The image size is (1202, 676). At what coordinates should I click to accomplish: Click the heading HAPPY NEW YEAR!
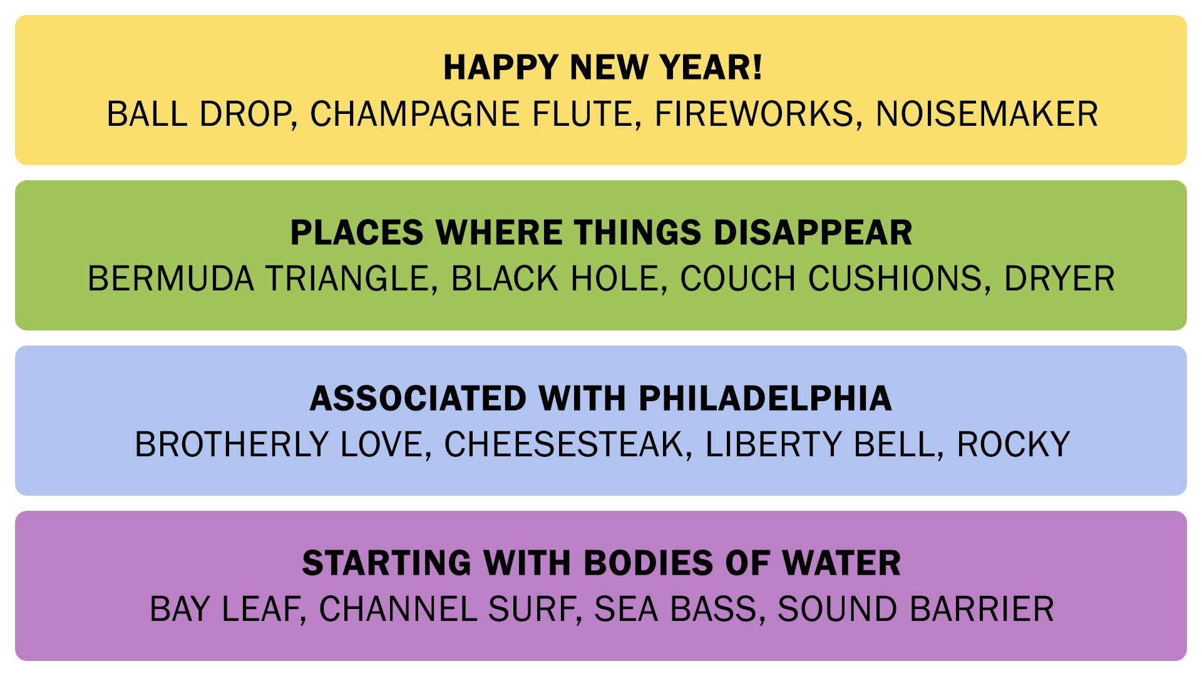point(603,68)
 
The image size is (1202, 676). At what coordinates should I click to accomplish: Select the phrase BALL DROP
point(199,115)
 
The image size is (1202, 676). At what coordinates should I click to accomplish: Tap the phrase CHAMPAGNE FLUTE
point(471,115)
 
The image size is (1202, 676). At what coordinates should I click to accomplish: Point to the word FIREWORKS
point(754,115)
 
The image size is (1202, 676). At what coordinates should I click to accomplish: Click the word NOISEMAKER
point(987,115)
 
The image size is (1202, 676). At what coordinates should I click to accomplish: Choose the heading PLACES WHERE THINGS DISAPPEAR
point(601,233)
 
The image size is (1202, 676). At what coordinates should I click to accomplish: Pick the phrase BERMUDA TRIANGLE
point(259,279)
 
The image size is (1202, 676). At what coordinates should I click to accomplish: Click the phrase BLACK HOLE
point(555,279)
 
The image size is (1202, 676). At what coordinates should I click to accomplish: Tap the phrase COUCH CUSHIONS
point(831,279)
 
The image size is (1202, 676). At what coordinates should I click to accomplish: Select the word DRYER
point(1059,279)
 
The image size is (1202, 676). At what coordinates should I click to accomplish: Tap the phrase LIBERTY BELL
point(820,445)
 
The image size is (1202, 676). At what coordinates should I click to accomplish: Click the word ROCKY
point(1013,445)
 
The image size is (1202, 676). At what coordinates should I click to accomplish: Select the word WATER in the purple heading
point(841,563)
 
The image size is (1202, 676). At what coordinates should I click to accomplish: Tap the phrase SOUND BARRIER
point(916,610)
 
